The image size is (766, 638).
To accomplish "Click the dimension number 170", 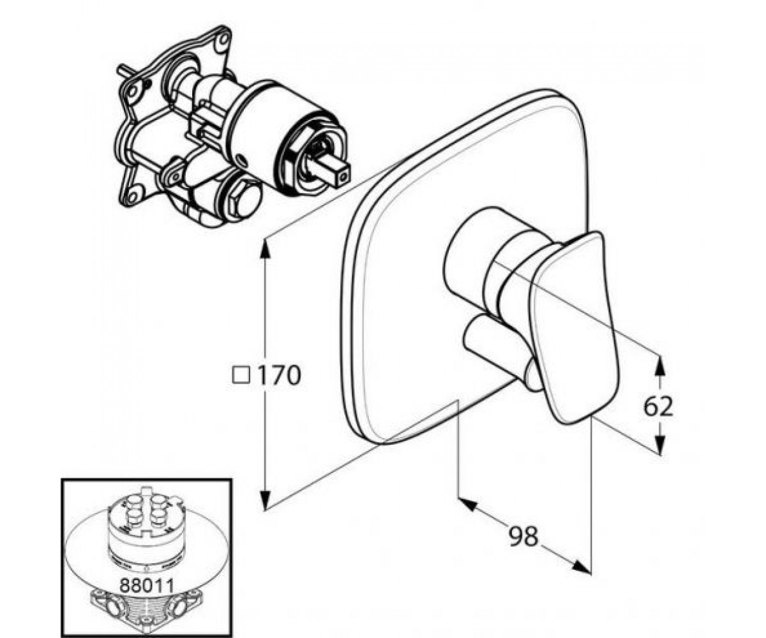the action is (x=279, y=375).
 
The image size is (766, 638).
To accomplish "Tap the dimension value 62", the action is (x=658, y=407).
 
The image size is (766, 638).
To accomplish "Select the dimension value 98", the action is (x=523, y=537).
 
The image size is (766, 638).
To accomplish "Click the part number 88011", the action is (x=146, y=586).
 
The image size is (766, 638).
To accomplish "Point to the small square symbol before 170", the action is (x=241, y=376).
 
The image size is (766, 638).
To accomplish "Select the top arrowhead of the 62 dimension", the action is (x=660, y=366).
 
